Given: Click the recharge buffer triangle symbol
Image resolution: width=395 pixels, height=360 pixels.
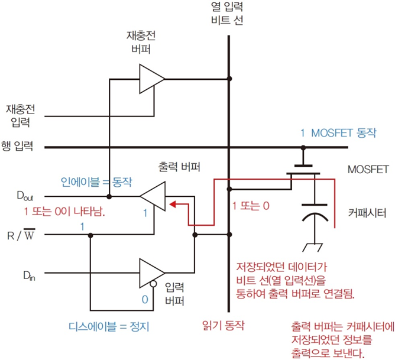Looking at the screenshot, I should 151,77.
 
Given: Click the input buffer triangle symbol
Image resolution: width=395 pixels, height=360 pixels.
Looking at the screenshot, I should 151,273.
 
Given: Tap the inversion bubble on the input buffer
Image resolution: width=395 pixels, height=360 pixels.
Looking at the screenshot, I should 153,285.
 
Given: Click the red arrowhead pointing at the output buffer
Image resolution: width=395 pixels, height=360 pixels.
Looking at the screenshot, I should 173,205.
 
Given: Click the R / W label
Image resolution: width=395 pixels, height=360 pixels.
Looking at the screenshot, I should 20,235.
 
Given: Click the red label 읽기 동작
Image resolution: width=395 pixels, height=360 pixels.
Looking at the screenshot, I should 222,325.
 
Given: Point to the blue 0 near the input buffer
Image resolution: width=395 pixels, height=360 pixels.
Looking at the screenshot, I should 144,299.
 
